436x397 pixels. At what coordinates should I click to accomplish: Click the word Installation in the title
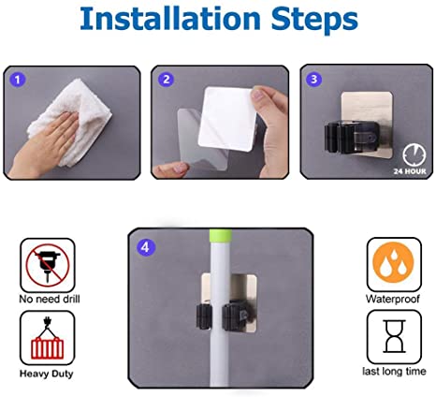[x=170, y=19]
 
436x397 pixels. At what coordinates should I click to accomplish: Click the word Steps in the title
[x=314, y=21]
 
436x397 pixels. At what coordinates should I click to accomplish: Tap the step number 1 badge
[x=18, y=80]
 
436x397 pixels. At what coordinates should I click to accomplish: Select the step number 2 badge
[x=166, y=80]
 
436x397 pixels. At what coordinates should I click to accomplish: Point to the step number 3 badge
[x=313, y=79]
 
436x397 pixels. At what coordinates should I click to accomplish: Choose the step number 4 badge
[x=146, y=247]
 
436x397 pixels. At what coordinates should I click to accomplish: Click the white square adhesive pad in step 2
[x=227, y=119]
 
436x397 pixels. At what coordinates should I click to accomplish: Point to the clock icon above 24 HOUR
[x=414, y=155]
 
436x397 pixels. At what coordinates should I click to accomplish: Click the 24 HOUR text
[x=410, y=171]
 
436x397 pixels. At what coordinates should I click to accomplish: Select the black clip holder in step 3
[x=352, y=138]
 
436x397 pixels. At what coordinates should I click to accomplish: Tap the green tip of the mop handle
[x=221, y=235]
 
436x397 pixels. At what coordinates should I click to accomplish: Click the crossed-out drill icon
[x=48, y=265]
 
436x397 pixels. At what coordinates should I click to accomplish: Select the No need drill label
[x=50, y=299]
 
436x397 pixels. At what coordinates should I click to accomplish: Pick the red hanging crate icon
[x=48, y=339]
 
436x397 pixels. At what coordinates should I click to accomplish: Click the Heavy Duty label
[x=47, y=374]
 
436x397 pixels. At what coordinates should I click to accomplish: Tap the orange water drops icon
[x=393, y=262]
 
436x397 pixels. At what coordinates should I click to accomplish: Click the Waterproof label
[x=393, y=299]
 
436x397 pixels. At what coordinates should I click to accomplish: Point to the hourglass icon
[x=395, y=336]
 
